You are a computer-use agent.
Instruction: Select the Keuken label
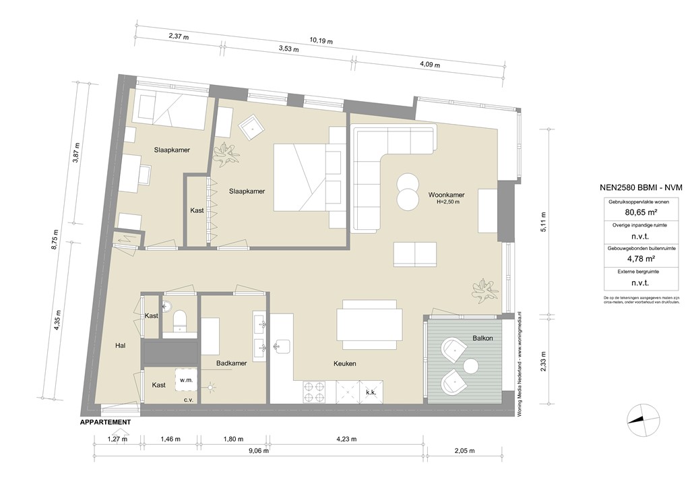coord(344,363)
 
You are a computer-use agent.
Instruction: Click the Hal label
coord(121,346)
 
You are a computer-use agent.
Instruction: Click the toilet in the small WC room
coord(179,320)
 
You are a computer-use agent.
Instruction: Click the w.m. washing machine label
coord(186,380)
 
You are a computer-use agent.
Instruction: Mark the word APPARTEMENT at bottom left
coord(105,422)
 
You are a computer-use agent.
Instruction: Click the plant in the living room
coord(484,289)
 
